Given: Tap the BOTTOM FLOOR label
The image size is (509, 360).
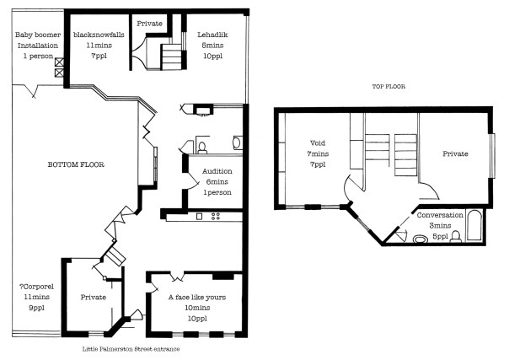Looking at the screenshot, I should pos(75,165).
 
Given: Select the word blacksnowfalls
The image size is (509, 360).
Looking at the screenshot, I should pos(99,35).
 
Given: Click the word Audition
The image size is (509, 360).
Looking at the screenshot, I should pos(217,171).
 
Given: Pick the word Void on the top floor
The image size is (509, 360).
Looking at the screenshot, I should pos(317,144).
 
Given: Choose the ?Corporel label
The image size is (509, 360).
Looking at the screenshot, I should pos(35,287).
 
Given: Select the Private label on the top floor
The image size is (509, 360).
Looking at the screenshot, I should pos(459,155).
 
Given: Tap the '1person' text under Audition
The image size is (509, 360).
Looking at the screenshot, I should pos(217,192).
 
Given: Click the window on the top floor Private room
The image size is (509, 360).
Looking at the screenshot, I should pos(492,156).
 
